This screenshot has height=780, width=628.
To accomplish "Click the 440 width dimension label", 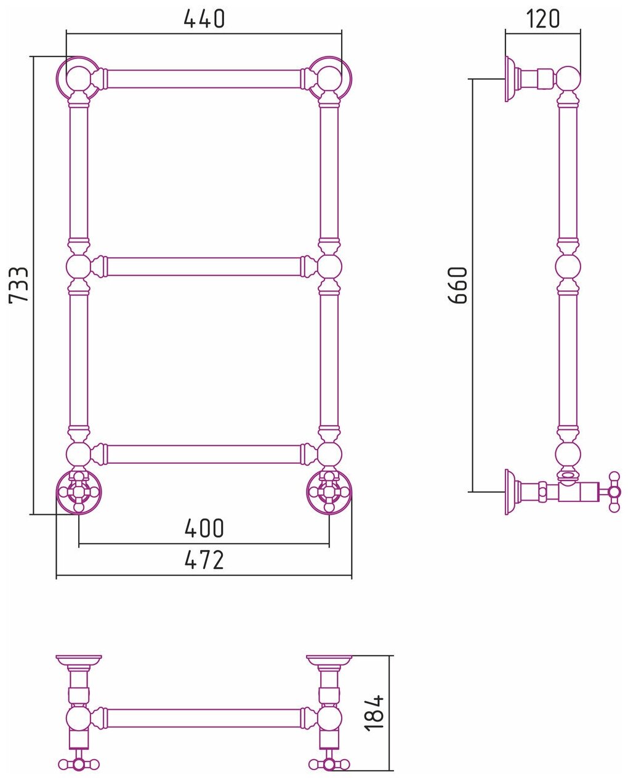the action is pyautogui.click(x=204, y=19).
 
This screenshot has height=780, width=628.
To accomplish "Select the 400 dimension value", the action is pyautogui.click(x=204, y=528).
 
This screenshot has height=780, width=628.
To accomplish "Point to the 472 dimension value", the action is pyautogui.click(x=204, y=560).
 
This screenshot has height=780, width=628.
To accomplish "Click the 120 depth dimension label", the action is pyautogui.click(x=543, y=19).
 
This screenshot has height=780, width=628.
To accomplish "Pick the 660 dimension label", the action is pyautogui.click(x=458, y=285).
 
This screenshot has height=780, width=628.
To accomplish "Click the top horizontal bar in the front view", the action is pyautogui.click(x=204, y=79).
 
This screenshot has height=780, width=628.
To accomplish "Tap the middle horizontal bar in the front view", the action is pyautogui.click(x=204, y=267).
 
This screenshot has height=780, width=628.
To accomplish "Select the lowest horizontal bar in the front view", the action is pyautogui.click(x=204, y=454).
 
